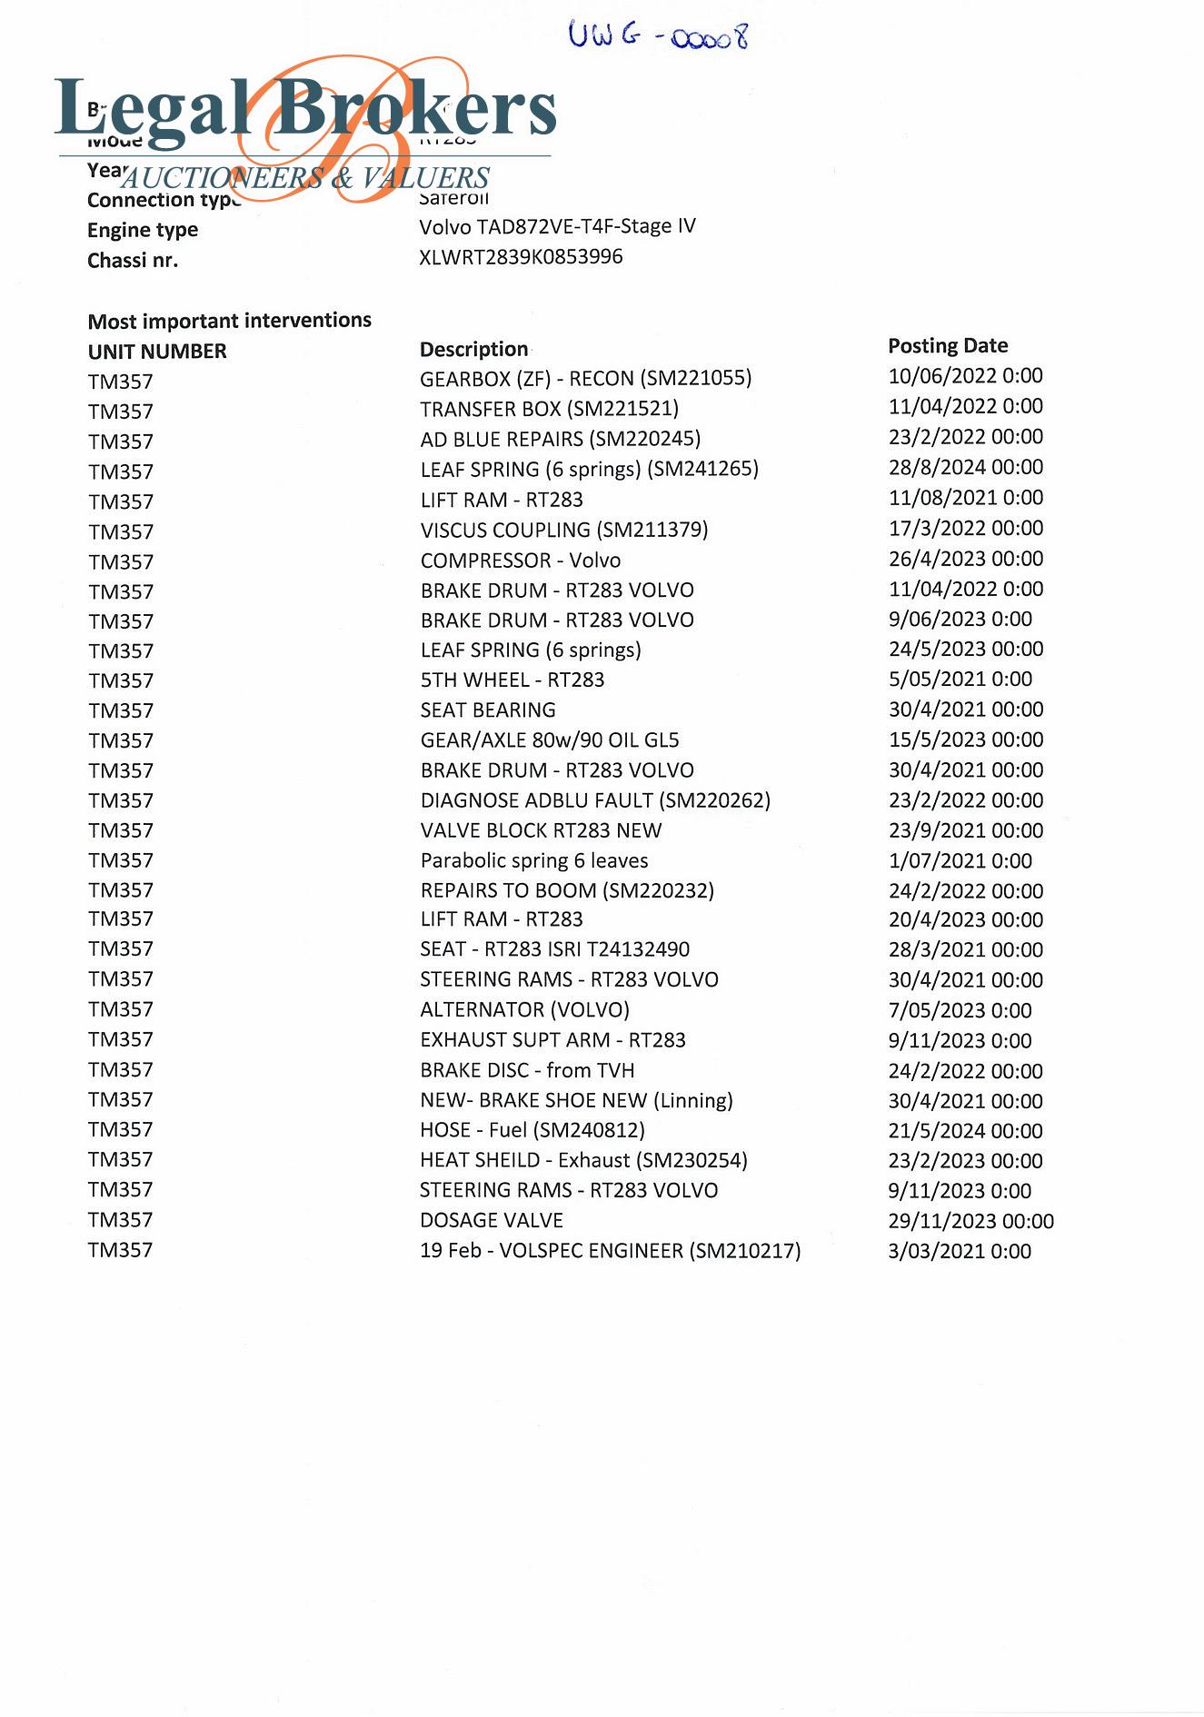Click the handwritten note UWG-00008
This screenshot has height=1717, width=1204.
[658, 35]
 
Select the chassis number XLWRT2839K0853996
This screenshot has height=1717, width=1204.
[521, 257]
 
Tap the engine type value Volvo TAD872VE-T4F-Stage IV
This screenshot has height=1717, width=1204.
[557, 226]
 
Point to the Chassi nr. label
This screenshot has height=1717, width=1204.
[133, 261]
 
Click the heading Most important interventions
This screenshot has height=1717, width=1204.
[229, 321]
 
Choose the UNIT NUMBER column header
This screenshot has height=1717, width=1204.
[157, 352]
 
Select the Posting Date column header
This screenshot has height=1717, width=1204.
[948, 345]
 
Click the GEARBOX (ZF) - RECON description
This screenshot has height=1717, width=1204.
[585, 378]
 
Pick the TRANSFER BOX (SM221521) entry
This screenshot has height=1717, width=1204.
[549, 409]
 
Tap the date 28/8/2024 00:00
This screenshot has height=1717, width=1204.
[965, 467]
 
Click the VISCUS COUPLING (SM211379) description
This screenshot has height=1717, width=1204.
[563, 530]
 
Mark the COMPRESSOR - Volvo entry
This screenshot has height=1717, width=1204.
[521, 561]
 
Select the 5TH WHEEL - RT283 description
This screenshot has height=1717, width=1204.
[512, 680]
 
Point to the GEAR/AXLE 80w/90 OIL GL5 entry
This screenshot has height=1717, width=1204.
[549, 740]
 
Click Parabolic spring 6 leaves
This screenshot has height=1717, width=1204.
[534, 860]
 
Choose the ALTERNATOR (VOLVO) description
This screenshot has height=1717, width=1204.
[524, 1009]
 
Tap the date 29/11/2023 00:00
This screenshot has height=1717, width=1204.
[970, 1221]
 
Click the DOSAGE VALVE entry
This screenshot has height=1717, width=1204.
[492, 1220]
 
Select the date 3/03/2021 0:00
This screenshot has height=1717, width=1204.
[960, 1251]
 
